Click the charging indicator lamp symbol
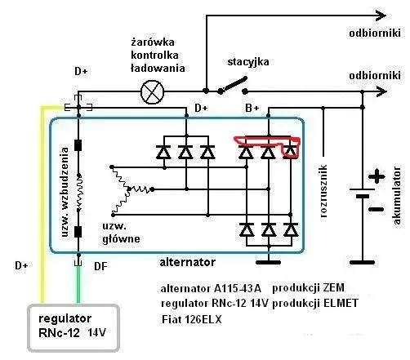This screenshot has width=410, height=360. [x=153, y=92]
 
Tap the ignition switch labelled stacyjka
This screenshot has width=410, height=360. [x=233, y=86]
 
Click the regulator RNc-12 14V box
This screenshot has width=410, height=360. [x=74, y=327]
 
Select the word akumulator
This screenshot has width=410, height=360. [x=397, y=195]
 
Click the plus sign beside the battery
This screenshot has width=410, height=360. [x=377, y=176]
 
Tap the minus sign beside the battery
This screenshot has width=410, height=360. [x=377, y=209]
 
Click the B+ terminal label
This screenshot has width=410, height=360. [x=252, y=108]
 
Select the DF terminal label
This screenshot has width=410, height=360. [x=100, y=266]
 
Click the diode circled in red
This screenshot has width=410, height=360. [x=291, y=151]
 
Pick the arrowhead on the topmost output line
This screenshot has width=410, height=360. [x=381, y=16]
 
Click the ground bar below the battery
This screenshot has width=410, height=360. [x=362, y=263]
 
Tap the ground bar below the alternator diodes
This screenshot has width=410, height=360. [x=269, y=263]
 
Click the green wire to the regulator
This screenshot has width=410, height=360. [x=78, y=284]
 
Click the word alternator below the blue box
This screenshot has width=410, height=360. [x=188, y=262]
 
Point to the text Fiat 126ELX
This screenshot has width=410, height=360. [x=192, y=319]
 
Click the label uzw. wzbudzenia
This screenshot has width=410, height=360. [x=65, y=192]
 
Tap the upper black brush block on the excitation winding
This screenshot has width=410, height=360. [x=78, y=145]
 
